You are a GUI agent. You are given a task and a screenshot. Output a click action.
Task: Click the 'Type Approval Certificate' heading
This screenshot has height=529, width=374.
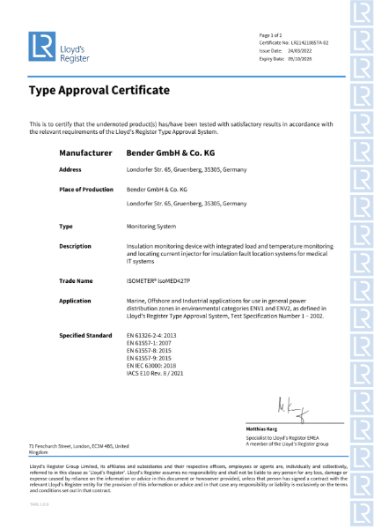click(x=99, y=91)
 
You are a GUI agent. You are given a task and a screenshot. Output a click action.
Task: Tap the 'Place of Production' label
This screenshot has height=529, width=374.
click(x=86, y=190)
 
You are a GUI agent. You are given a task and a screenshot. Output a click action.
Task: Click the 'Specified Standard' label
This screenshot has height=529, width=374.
click(x=85, y=335)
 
